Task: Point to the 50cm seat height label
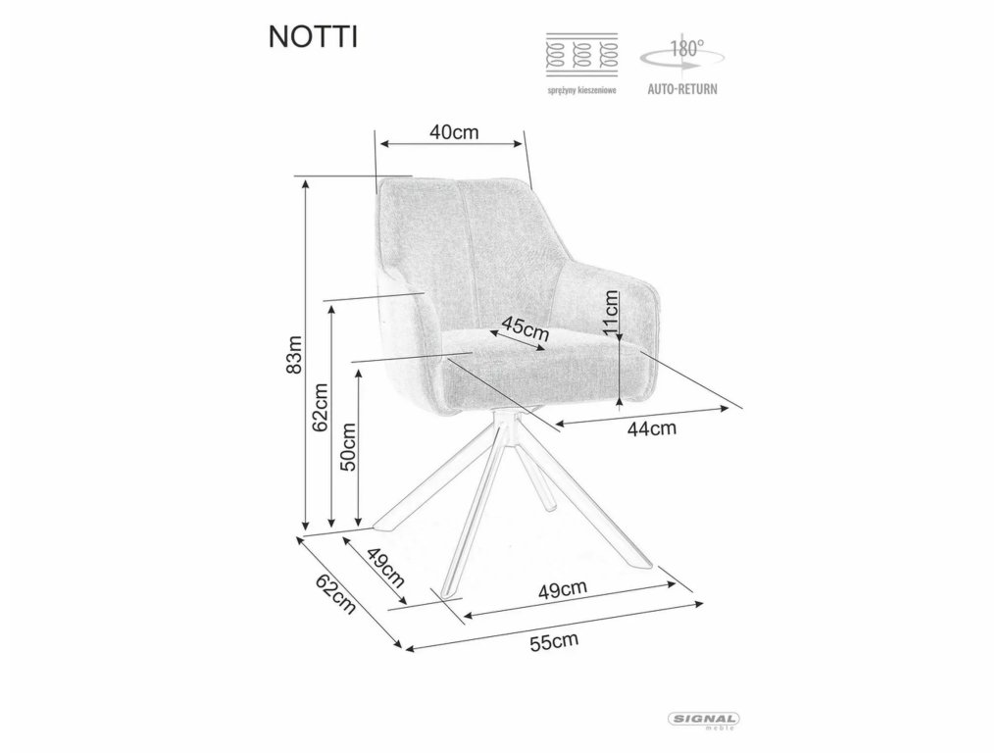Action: [348, 448]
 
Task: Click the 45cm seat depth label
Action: [524, 328]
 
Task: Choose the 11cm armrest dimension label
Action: [609, 314]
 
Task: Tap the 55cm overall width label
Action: [553, 643]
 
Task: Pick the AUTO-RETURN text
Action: [682, 88]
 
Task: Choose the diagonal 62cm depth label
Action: [334, 594]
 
